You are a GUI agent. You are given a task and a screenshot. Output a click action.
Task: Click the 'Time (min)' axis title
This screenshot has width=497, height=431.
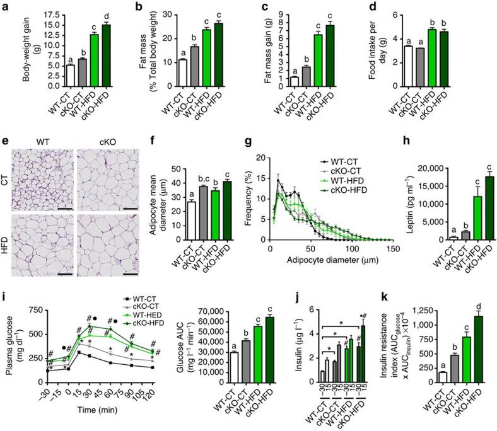[97, 407]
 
